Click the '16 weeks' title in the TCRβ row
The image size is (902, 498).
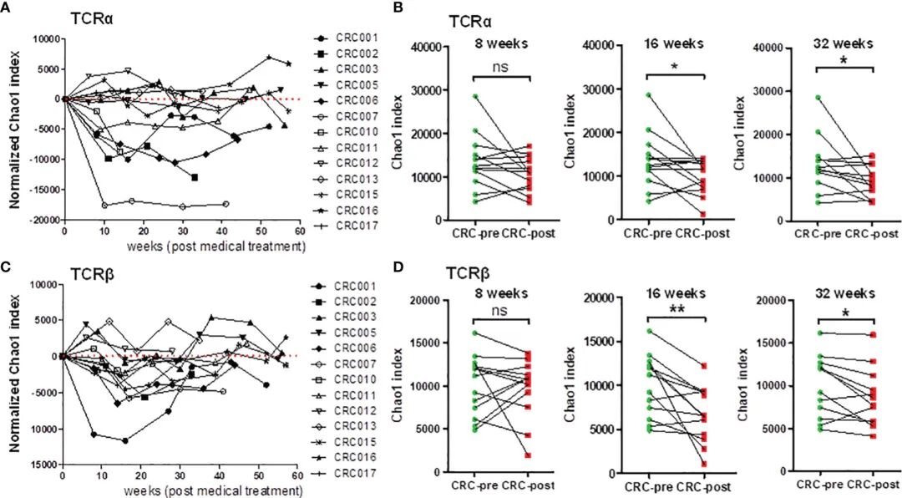676,293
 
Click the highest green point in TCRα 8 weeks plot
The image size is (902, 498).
474,97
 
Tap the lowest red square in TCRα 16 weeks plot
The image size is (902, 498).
704,214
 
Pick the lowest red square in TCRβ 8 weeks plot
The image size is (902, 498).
530,455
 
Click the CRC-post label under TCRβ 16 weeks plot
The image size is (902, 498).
702,486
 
